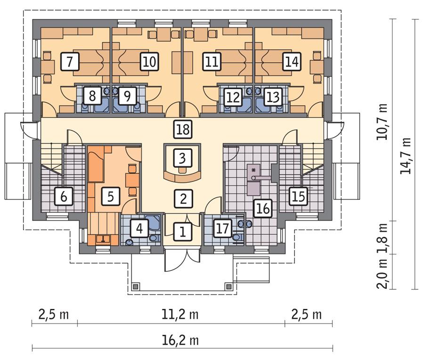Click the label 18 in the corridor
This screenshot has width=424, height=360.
182,129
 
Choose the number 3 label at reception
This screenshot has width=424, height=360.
182,157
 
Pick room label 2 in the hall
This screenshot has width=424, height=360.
182,198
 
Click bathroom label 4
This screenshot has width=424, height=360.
139,229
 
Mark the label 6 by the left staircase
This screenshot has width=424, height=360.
63,196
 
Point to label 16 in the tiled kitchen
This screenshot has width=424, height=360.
263,208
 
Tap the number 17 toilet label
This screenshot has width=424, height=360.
223,229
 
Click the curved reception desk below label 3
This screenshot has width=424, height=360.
182,178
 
